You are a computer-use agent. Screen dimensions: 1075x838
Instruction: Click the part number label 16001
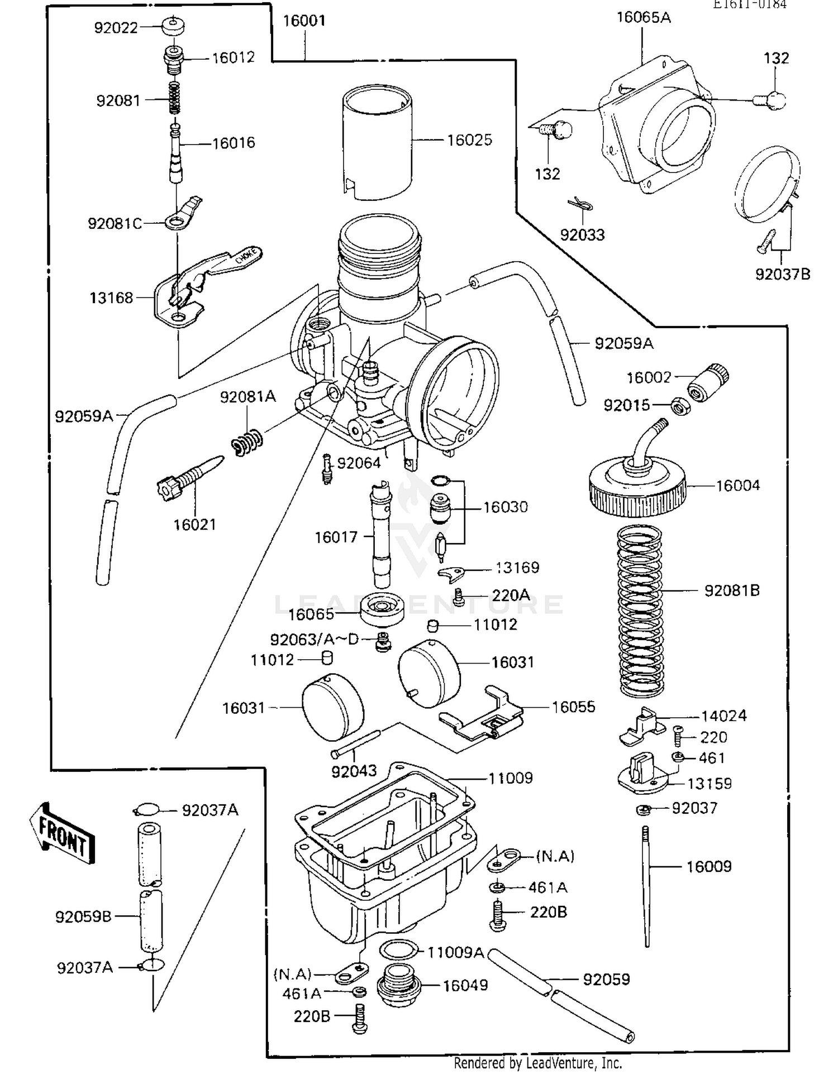(304, 21)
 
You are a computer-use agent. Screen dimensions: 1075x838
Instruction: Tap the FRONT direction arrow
(62, 833)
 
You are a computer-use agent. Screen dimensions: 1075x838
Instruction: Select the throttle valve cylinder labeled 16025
(377, 142)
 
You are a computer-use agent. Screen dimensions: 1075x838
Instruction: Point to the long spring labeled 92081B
(640, 611)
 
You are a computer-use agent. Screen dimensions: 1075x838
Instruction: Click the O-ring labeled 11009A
(398, 949)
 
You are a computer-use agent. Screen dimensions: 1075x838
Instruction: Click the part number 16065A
(644, 18)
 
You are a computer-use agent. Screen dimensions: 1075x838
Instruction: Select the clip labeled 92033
(580, 205)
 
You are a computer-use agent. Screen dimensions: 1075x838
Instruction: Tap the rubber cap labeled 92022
(174, 26)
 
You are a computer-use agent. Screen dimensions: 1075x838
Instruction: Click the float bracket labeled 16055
(482, 717)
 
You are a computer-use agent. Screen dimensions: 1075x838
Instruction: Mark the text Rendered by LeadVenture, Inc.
(537, 1063)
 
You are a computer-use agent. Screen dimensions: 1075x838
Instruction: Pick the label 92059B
(83, 916)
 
